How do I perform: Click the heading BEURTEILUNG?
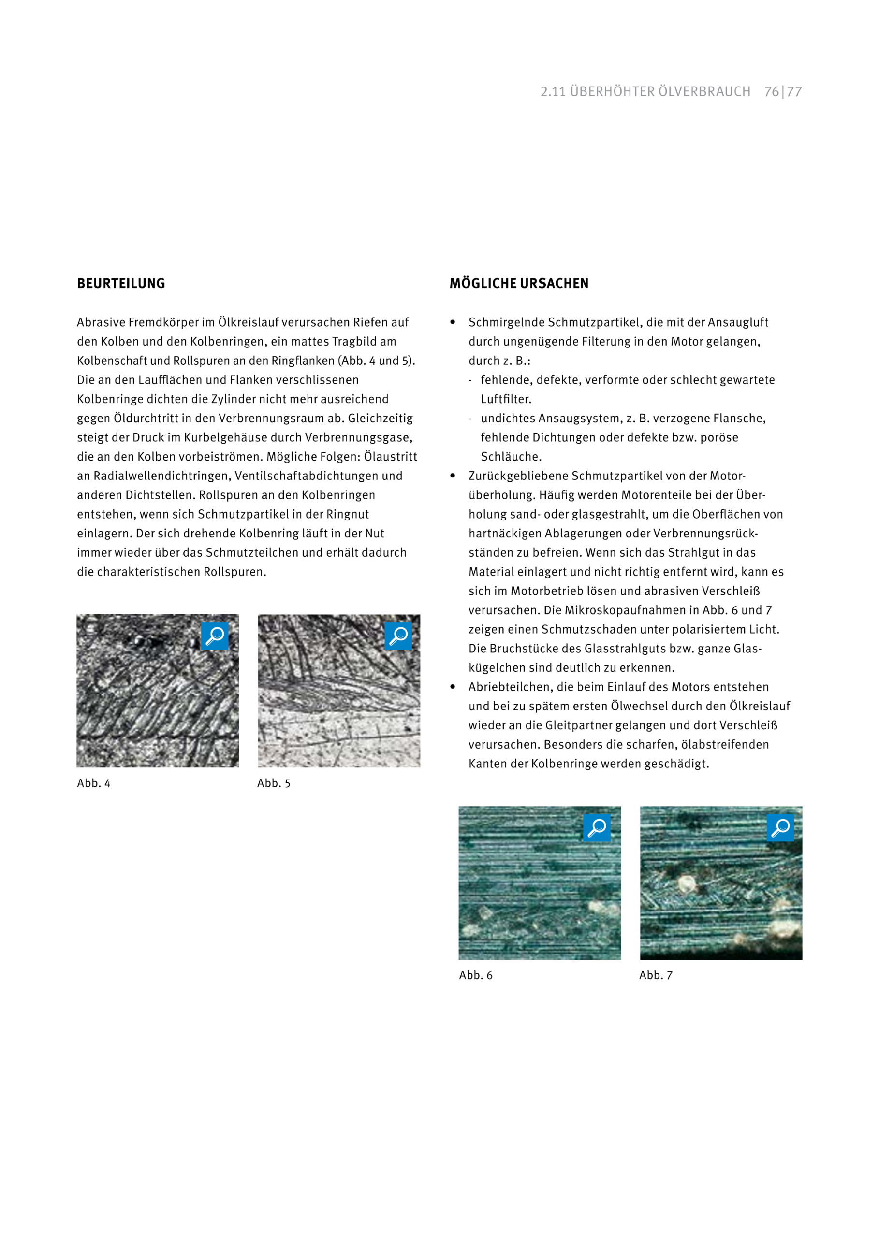point(121,283)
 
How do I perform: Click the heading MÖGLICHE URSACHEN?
point(518,283)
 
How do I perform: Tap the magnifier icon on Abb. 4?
point(215,636)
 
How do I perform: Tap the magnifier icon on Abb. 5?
point(398,636)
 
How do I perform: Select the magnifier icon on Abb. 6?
point(597,828)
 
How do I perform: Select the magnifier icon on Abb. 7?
point(780,828)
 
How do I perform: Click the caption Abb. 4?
point(94,783)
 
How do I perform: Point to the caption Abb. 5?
point(274,783)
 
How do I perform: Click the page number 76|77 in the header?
point(783,91)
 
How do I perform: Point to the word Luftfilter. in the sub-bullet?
point(506,399)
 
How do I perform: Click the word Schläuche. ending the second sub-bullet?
point(511,457)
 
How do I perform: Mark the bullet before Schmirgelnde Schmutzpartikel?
point(453,322)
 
